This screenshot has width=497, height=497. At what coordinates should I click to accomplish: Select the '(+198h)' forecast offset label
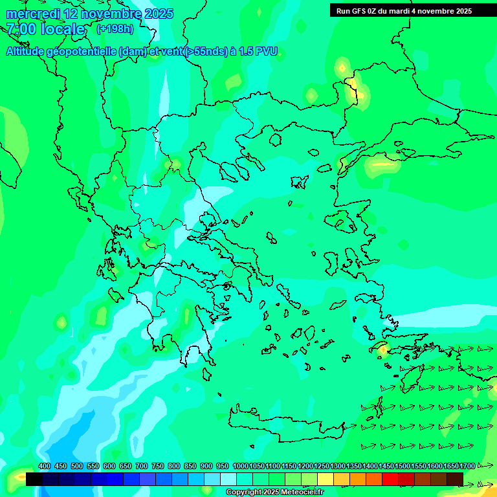click(115, 28)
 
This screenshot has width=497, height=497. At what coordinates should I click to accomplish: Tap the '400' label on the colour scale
click(44, 466)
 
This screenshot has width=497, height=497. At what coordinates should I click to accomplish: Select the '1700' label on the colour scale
click(467, 466)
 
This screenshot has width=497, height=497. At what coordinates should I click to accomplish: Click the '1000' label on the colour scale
click(241, 466)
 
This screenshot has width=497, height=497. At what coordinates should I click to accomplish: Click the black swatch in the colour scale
click(34, 479)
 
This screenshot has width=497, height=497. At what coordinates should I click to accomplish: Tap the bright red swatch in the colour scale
click(390, 479)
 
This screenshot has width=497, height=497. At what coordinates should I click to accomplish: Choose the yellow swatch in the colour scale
click(326, 479)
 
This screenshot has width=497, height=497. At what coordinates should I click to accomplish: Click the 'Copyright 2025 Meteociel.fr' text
click(274, 492)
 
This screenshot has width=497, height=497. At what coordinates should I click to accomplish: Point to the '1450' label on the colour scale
click(386, 466)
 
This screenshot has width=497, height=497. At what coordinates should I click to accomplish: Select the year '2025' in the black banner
click(462, 11)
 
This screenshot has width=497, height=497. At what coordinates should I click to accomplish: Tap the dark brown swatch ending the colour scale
click(455, 479)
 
